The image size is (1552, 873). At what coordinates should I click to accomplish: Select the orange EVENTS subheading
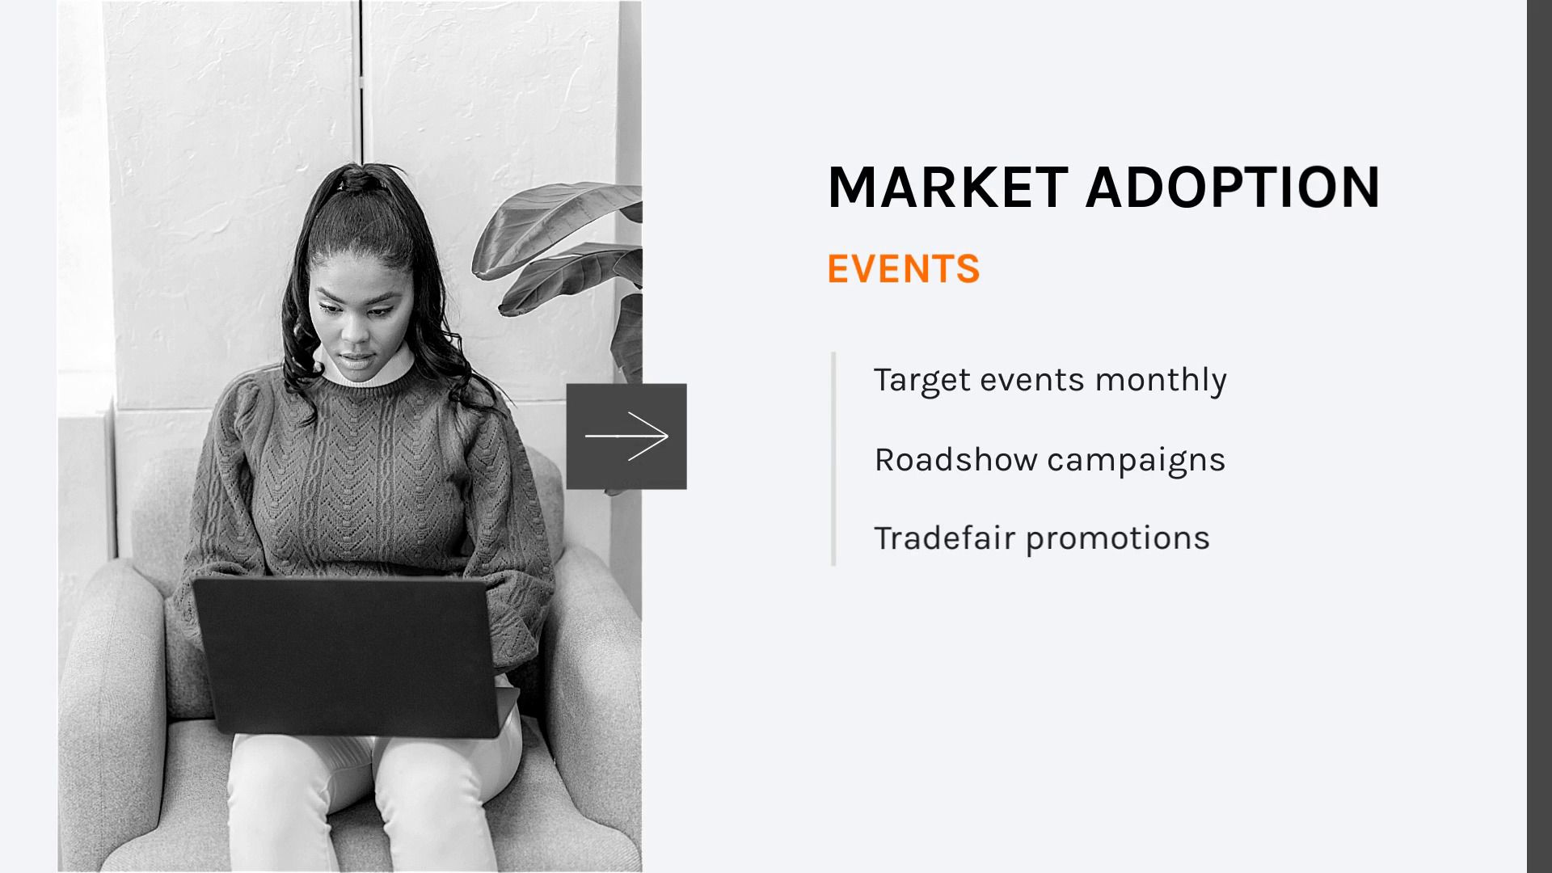(x=904, y=268)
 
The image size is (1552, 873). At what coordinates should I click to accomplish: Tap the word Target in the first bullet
(x=922, y=380)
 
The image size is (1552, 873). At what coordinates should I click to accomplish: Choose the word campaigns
(x=1137, y=461)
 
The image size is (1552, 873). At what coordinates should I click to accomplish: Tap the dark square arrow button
(x=626, y=436)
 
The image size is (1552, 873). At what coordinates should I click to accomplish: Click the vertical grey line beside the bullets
(x=833, y=458)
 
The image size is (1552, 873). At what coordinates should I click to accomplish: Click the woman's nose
(x=353, y=327)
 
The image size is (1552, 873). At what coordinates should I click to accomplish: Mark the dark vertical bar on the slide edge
(x=1539, y=436)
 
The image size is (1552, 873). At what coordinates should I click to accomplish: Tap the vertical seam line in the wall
(x=361, y=81)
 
